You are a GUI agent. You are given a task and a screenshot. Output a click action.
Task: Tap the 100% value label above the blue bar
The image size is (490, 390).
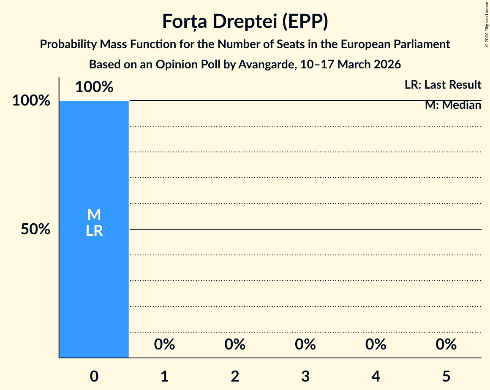click(94, 87)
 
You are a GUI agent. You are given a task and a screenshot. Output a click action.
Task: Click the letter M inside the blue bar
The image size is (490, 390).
click(94, 215)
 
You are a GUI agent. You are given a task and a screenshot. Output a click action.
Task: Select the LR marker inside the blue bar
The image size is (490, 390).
click(94, 231)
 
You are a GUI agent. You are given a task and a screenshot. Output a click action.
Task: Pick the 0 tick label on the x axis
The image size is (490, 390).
click(94, 376)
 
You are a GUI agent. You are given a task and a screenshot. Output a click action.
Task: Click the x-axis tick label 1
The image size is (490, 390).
click(164, 376)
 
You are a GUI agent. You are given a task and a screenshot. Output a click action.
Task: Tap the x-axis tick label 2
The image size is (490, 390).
click(235, 376)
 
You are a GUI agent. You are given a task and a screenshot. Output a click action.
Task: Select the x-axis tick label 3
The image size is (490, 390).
click(305, 376)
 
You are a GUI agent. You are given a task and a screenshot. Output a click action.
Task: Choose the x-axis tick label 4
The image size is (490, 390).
click(376, 376)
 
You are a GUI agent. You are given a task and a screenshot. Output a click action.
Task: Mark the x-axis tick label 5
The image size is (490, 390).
click(446, 376)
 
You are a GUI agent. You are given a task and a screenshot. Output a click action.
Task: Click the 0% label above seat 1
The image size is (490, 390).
click(164, 344)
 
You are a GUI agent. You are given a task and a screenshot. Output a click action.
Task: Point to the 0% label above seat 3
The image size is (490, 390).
click(305, 344)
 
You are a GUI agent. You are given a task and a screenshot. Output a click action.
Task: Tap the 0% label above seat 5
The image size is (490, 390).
click(446, 344)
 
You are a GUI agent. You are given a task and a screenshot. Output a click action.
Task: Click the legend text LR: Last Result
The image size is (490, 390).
click(443, 85)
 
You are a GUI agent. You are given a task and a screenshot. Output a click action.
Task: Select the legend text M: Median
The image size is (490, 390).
click(453, 105)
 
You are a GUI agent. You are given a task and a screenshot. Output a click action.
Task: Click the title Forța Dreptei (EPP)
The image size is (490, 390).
click(245, 22)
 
